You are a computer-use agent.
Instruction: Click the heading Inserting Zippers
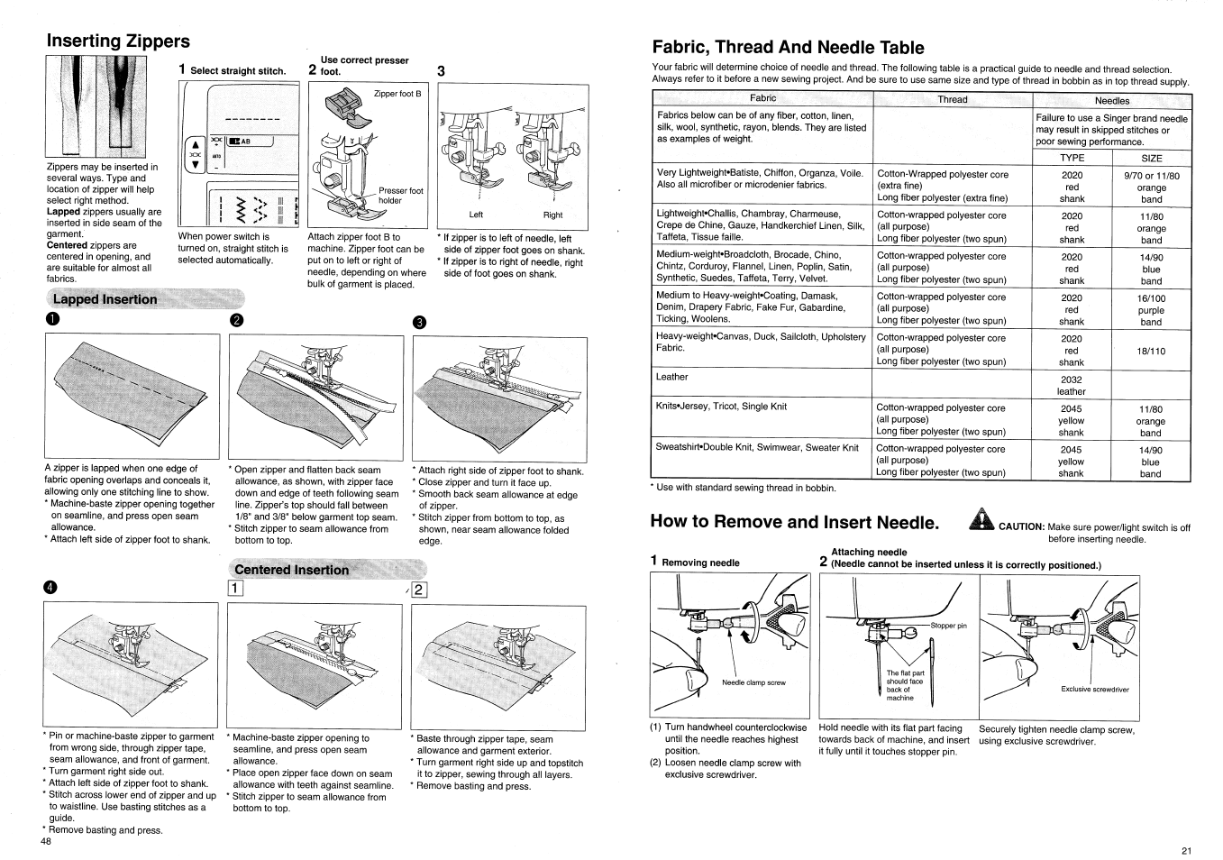[x=118, y=41]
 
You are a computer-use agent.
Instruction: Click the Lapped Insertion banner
[x=105, y=299]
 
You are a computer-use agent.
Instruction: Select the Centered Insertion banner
[x=291, y=570]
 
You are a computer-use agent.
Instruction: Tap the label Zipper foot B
[x=397, y=94]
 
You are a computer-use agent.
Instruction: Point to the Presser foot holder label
[x=400, y=196]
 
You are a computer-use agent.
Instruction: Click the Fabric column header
[x=762, y=98]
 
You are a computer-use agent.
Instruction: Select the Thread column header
[x=953, y=99]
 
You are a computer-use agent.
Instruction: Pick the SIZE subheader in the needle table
[x=1151, y=158]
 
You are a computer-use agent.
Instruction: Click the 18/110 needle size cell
[x=1151, y=351]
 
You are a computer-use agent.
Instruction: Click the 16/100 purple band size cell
[x=1151, y=309]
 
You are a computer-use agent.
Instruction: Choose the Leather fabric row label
[x=671, y=377]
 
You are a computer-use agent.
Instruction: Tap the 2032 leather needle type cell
[x=1072, y=385]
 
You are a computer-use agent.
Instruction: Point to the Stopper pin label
[x=948, y=626]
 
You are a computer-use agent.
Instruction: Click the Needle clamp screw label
[x=753, y=682]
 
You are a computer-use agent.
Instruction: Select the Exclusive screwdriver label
[x=1094, y=690]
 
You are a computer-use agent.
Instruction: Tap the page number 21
[x=1185, y=851]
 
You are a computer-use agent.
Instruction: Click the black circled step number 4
[x=50, y=588]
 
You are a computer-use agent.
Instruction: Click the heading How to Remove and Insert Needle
[x=794, y=523]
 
